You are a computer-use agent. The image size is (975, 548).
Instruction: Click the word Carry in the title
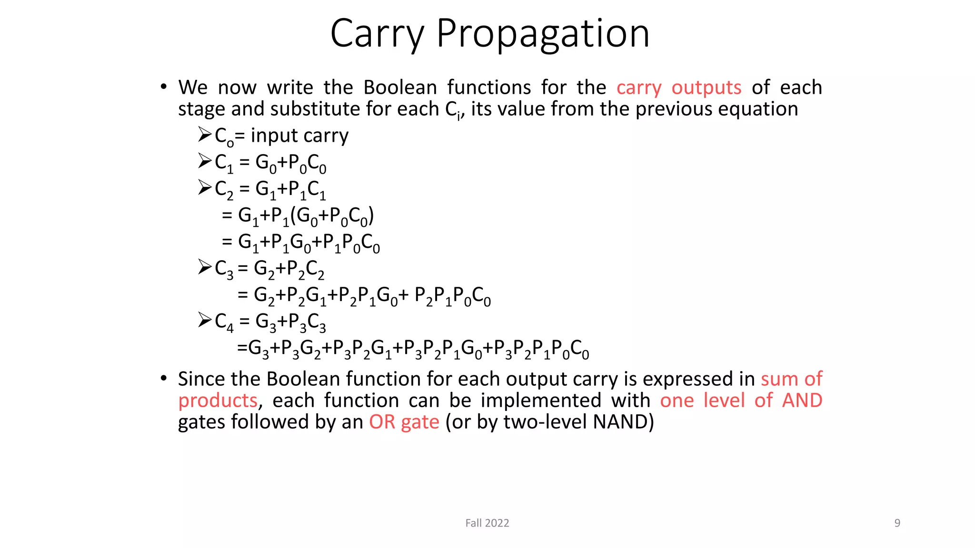(x=377, y=34)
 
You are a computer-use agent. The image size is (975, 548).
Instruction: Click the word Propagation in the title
(x=543, y=34)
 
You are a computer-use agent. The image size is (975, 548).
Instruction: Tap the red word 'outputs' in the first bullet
(x=706, y=88)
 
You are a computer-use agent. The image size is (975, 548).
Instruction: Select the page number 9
(x=897, y=523)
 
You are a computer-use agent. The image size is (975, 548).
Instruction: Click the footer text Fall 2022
(x=487, y=523)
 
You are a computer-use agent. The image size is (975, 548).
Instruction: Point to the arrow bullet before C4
(x=205, y=320)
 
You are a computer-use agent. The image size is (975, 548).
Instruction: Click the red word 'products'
(x=218, y=401)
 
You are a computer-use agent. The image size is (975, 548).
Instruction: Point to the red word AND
(x=802, y=401)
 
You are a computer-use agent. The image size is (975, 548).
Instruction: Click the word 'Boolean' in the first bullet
(x=400, y=88)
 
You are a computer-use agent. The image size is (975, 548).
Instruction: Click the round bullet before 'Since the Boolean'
(x=164, y=378)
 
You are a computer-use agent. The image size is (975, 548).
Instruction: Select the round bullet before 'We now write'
(x=164, y=87)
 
